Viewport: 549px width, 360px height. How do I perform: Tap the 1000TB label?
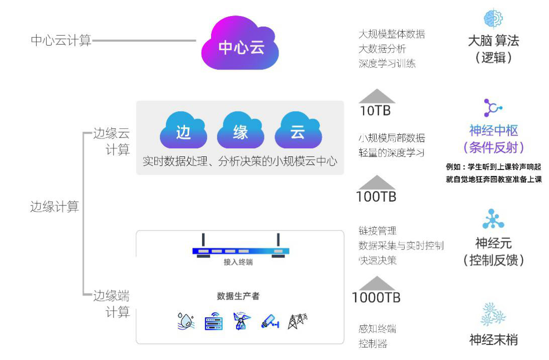click(x=377, y=297)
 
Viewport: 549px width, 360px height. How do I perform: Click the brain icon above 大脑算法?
click(x=493, y=19)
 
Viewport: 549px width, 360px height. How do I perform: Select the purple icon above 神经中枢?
click(x=493, y=107)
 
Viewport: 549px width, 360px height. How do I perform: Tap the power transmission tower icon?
click(x=298, y=321)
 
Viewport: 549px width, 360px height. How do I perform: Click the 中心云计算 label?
click(x=61, y=41)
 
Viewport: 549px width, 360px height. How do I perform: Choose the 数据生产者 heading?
click(x=238, y=296)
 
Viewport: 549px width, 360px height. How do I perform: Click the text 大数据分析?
click(x=382, y=49)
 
